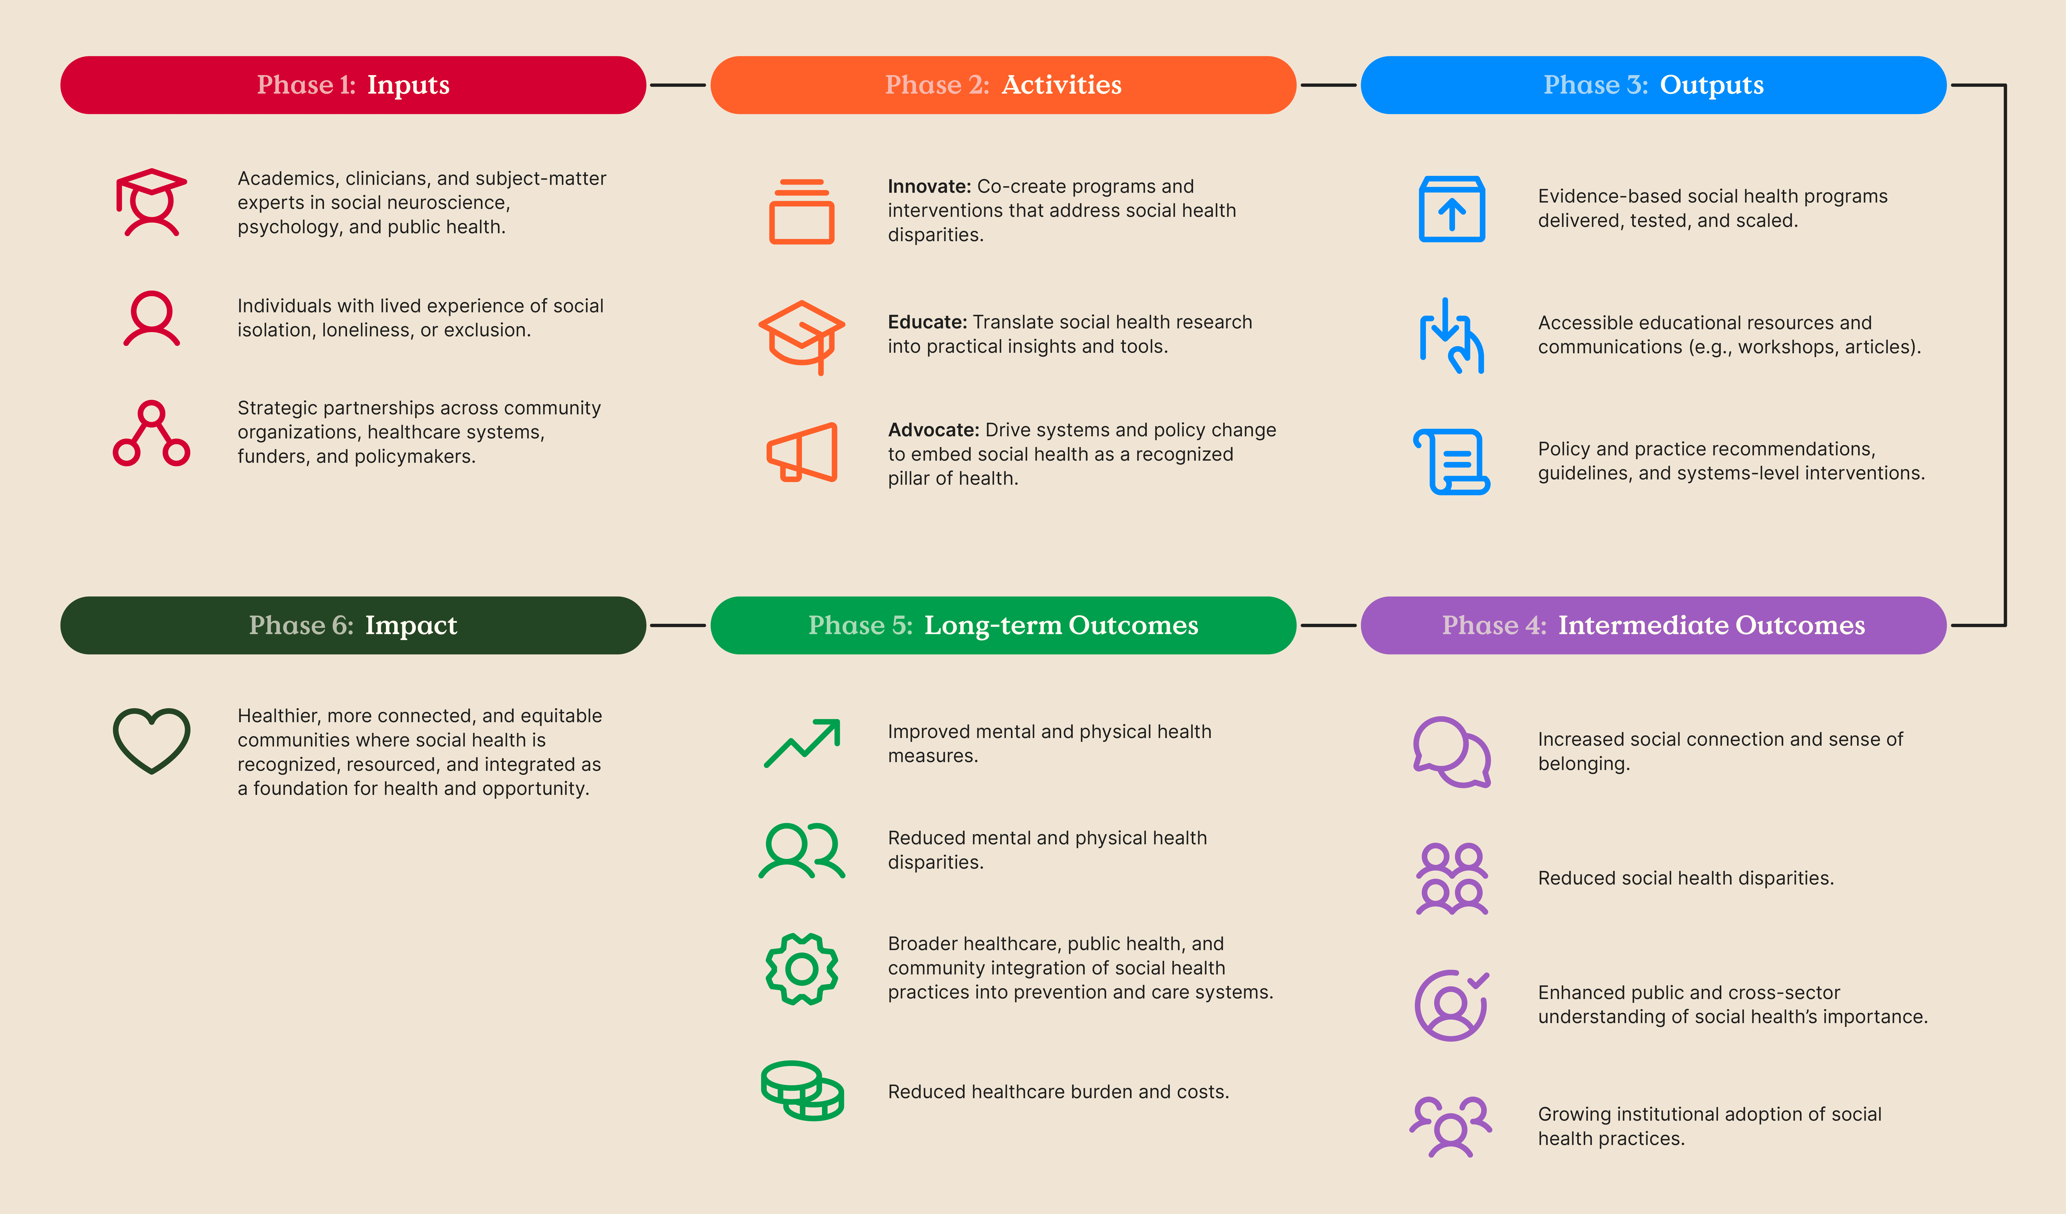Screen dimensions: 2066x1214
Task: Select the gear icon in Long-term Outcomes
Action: click(x=802, y=969)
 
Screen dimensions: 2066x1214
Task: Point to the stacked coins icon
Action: click(x=802, y=1090)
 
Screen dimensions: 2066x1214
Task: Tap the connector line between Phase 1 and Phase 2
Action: click(x=678, y=85)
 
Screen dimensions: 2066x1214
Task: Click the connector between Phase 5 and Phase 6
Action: click(x=678, y=625)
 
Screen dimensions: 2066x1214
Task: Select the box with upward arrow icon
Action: click(x=1451, y=209)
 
